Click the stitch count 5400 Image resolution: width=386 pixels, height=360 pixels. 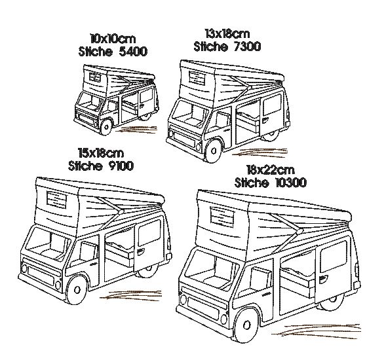pos(133,52)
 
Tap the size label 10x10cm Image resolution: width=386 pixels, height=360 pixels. pos(113,39)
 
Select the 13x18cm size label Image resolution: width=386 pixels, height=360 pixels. pos(227,33)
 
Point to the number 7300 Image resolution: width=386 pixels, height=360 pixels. pos(247,46)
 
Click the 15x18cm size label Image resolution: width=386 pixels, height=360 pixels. pos(101,153)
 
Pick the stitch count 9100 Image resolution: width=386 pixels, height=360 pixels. pos(121,166)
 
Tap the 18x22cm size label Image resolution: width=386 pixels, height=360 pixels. pos(270,170)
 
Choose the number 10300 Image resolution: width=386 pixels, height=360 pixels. pos(291,183)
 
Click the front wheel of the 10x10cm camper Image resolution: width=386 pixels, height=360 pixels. pos(106,127)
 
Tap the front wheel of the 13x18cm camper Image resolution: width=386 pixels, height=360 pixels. pos(213,151)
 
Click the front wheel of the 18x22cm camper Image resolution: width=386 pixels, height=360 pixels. pos(246,325)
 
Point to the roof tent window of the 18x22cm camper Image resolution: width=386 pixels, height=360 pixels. pos(222,217)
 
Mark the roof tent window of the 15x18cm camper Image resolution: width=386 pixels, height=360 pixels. pos(56,200)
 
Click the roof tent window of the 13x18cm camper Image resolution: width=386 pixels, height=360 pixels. pos(197,78)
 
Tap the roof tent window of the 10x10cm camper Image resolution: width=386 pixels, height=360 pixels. pos(95,78)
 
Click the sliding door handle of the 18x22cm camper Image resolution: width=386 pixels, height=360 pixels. pos(324,279)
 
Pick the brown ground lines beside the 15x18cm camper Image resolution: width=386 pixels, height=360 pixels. pos(130,295)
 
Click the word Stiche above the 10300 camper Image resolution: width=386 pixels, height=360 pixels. pos(252,183)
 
